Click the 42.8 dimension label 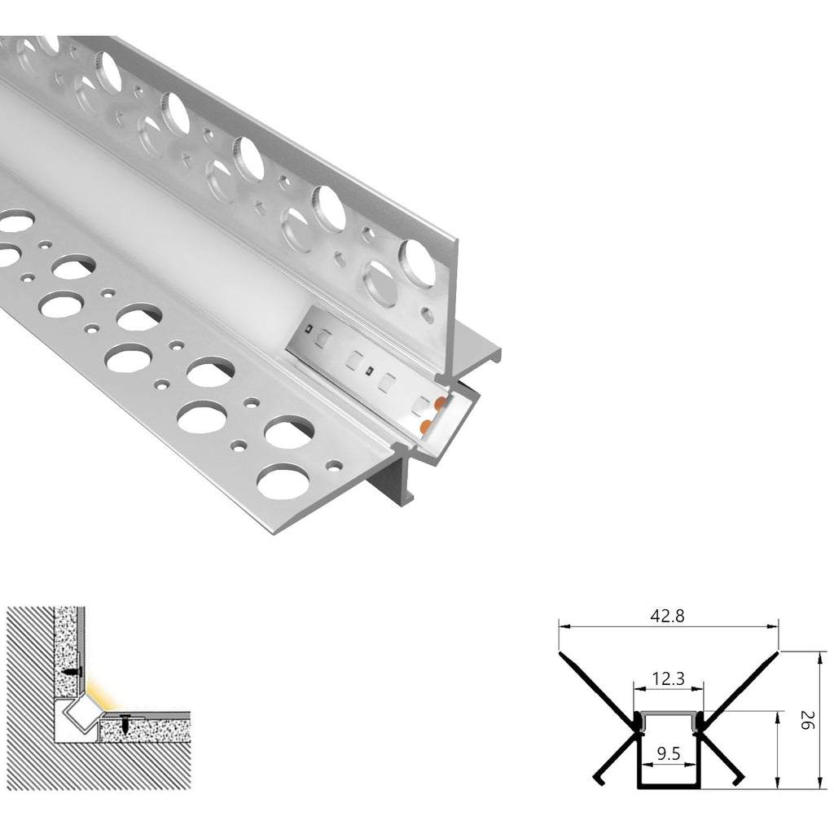(667, 617)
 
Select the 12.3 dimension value (667, 678)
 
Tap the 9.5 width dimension (667, 753)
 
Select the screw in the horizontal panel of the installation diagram (125, 722)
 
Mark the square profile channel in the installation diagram (80, 717)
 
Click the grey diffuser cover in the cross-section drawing (667, 713)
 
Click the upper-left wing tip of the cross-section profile (561, 653)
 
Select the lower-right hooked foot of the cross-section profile (740, 779)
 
